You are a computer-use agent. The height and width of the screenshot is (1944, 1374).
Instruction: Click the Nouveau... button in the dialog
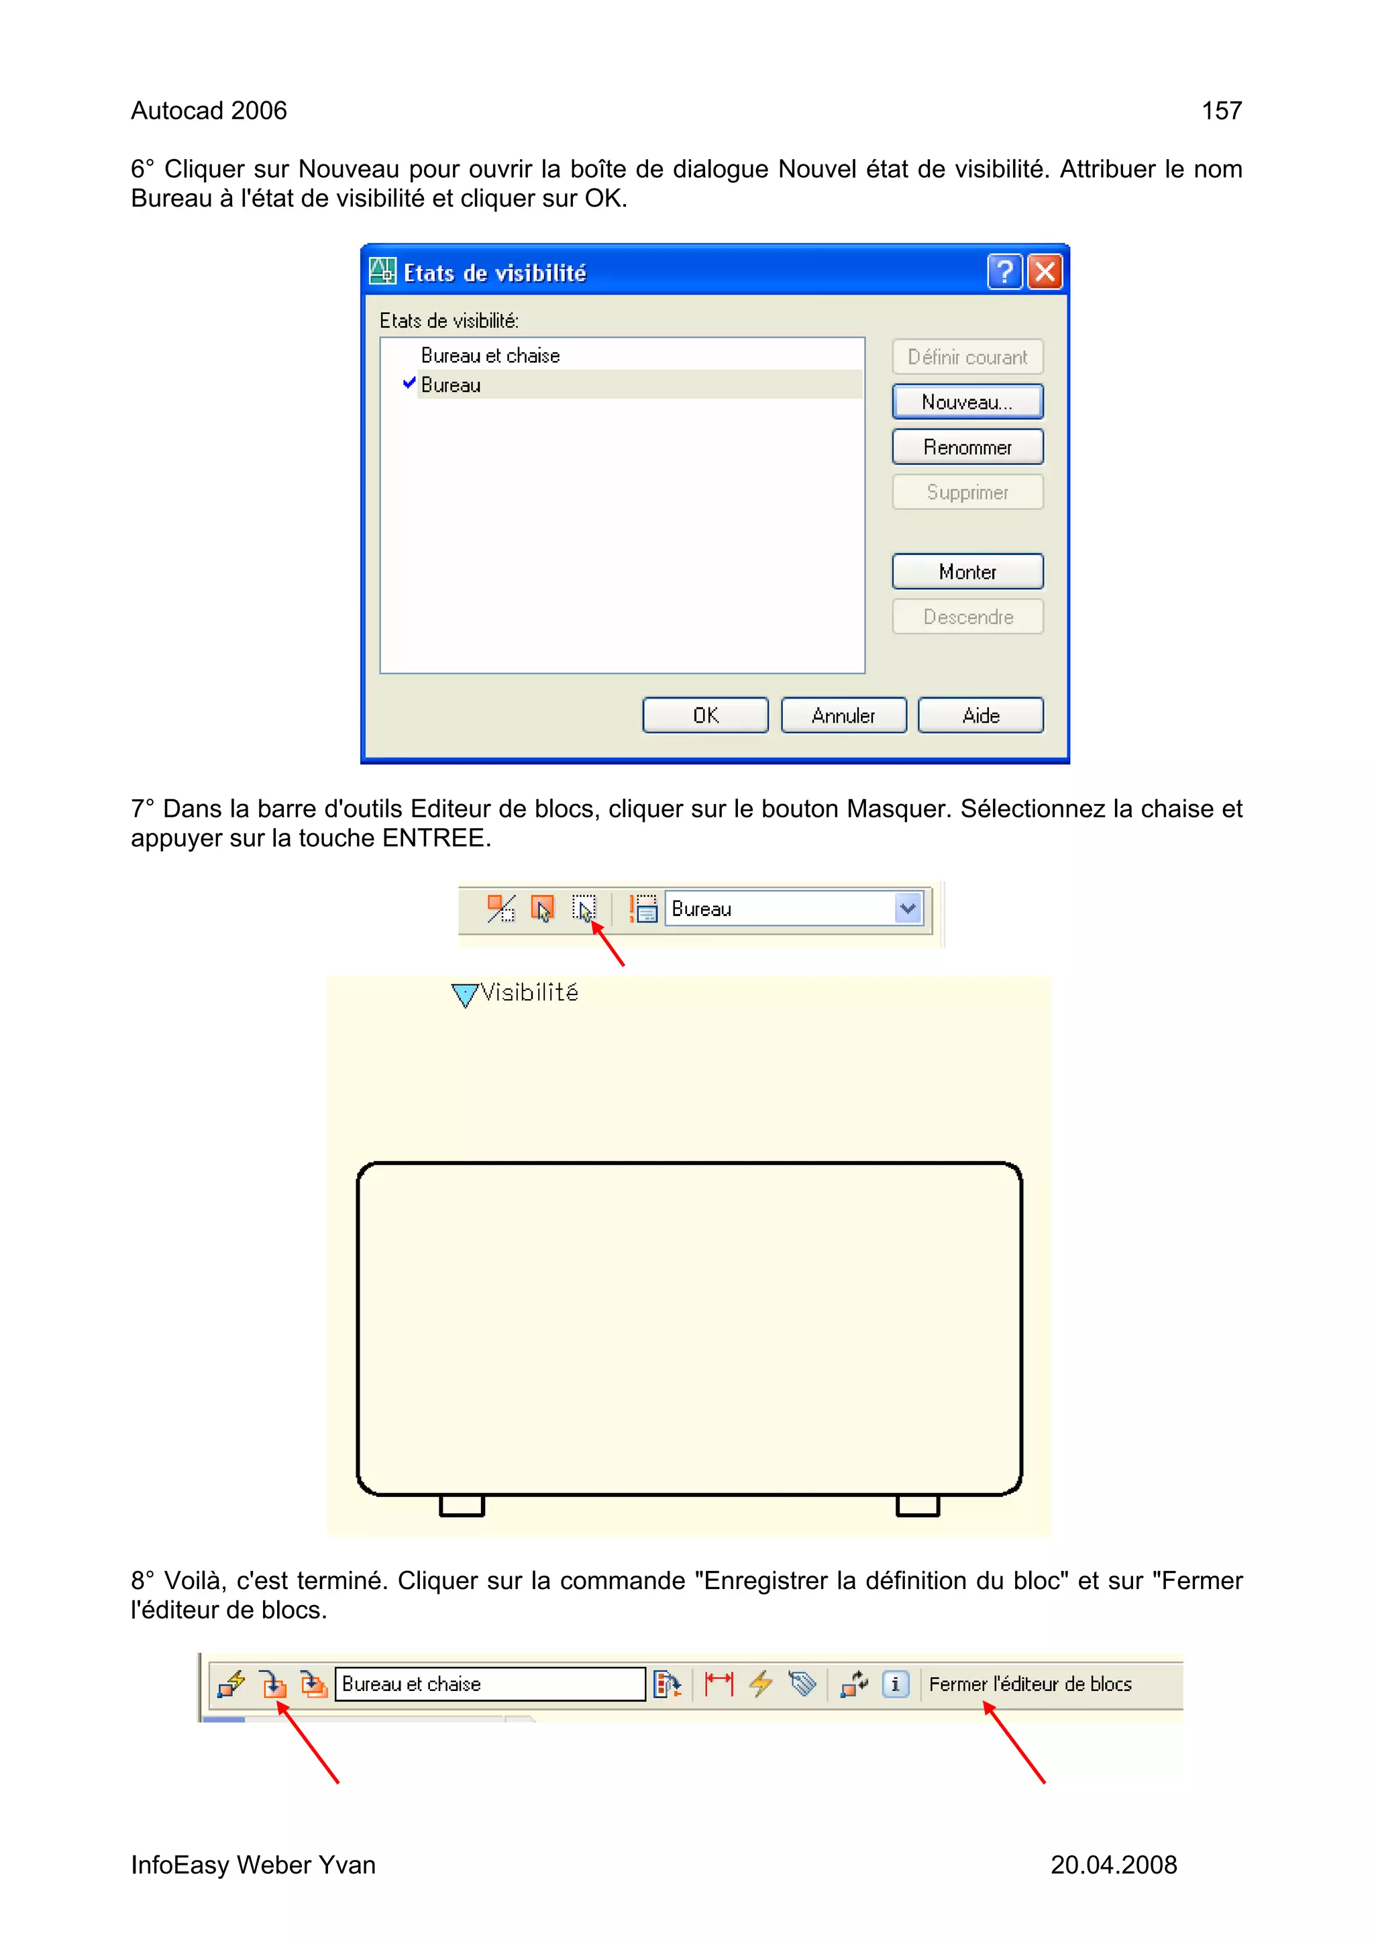967,402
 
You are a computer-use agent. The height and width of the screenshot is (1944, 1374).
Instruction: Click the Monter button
967,572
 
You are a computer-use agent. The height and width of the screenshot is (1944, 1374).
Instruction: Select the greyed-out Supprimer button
967,493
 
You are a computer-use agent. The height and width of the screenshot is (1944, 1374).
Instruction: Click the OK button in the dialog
705,715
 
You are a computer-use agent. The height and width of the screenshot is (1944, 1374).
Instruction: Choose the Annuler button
843,715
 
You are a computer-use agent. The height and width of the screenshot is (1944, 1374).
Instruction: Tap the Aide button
980,715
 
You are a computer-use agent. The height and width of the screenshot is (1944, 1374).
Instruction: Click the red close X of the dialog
1045,272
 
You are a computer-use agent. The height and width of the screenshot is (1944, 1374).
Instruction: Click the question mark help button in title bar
1005,272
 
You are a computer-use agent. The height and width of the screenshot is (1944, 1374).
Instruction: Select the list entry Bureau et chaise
490,356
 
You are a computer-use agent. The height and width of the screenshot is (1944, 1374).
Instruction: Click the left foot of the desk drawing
462,1505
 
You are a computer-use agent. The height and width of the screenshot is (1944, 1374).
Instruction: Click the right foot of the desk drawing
918,1505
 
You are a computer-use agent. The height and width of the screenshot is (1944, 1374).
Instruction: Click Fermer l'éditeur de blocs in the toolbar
1029,1684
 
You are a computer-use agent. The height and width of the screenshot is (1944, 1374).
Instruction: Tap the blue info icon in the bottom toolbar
895,1684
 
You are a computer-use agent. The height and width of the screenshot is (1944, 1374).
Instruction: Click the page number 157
1222,111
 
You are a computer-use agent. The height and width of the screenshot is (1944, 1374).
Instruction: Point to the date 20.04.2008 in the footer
1113,1864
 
